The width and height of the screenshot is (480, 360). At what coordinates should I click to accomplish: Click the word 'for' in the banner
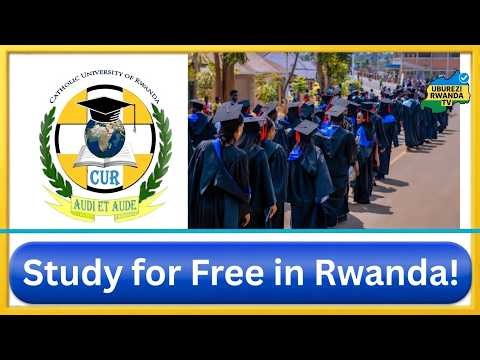click(x=144, y=273)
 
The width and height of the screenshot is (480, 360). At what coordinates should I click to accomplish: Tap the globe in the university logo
click(x=105, y=139)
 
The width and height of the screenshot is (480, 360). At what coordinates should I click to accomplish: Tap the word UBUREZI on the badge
click(x=446, y=88)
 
